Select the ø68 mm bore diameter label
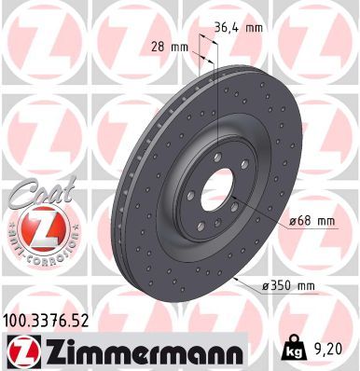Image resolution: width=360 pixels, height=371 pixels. coord(311,220)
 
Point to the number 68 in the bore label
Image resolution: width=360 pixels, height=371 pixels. coord(303,220)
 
